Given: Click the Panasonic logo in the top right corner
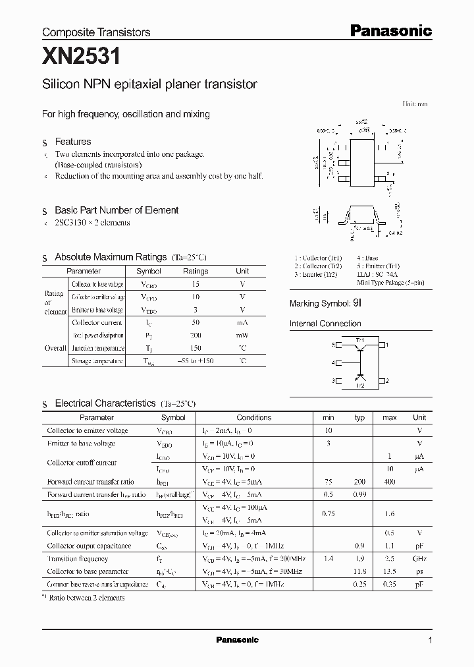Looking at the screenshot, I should coord(390,30).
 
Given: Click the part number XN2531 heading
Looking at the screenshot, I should coord(82,58).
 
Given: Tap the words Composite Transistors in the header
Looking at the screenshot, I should coord(96,32).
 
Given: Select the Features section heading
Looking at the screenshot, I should coord(72,142).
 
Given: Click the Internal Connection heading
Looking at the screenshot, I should coord(325,324).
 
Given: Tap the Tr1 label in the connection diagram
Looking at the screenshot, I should coord(360,339).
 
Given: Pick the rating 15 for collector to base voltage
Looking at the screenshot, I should coord(196,284).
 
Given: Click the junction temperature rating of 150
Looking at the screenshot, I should coord(196,348).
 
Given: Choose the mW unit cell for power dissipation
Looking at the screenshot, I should coord(242,335).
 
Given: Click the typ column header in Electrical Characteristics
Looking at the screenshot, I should coord(359,417).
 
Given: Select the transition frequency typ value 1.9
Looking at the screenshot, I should coord(359,558).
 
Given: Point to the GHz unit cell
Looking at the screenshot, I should coord(419,558).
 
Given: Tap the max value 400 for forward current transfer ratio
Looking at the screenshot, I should coord(390,482).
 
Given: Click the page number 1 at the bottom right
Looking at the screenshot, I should coord(430,641).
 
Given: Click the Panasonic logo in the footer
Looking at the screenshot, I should coord(237,640).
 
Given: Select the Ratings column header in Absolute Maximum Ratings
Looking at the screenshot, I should coord(196,271).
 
